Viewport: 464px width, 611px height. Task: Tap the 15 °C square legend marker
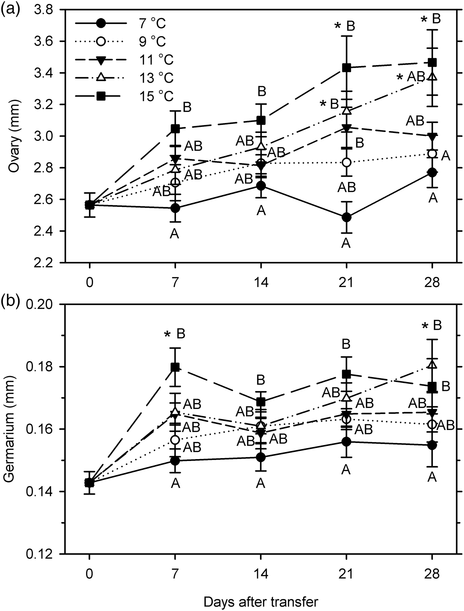point(101,96)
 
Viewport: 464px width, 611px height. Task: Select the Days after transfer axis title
point(261,602)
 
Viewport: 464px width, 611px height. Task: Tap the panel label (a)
point(11,7)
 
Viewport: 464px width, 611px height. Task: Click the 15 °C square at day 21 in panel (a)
point(346,68)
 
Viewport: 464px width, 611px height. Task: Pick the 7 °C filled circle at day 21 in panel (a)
point(346,217)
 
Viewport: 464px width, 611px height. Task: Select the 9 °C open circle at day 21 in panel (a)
point(346,162)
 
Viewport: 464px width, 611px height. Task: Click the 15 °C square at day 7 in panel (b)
point(175,367)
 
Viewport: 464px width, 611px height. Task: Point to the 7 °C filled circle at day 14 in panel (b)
point(261,458)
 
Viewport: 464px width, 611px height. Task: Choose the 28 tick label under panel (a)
point(432,283)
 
